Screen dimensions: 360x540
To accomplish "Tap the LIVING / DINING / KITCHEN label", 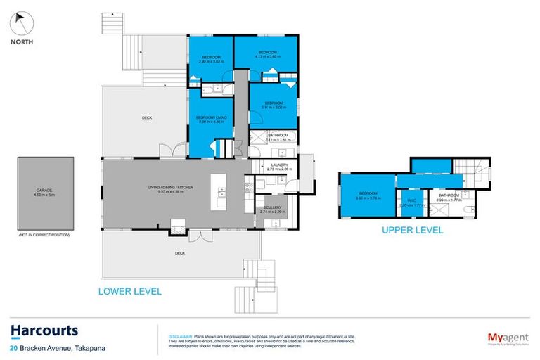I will coord(170,188).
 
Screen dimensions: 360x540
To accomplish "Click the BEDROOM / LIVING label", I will coord(210,118).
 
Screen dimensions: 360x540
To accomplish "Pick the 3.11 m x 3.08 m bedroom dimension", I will coord(273,106).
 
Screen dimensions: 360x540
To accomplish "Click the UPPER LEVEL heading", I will coord(412,230).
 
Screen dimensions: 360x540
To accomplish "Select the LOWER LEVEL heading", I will coord(129,291).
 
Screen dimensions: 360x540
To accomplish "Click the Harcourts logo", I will coord(44,330).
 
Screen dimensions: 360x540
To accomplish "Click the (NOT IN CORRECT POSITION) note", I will coord(44,234).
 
